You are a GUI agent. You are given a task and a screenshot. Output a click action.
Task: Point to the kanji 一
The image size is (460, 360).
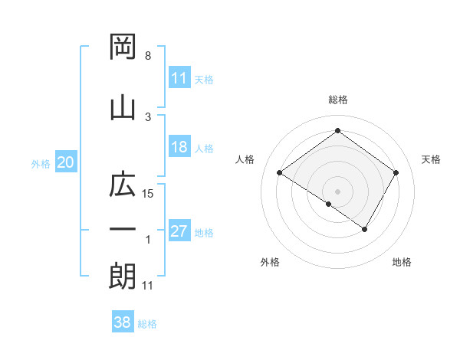coord(123,230)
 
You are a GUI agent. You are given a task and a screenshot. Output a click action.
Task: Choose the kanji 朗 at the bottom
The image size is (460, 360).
coord(123,276)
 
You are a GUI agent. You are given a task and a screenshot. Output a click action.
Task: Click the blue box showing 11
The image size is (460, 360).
coord(179,78)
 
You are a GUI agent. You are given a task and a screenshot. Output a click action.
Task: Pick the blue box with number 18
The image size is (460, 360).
coord(179,147)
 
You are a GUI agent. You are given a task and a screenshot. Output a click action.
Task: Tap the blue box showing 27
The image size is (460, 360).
coord(179,231)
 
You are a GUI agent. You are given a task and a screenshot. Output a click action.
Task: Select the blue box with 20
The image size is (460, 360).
coord(66,162)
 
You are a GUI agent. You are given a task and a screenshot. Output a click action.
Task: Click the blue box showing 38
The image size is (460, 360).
coord(123,323)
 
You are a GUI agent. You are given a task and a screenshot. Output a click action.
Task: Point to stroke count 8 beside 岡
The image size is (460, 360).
coord(148,56)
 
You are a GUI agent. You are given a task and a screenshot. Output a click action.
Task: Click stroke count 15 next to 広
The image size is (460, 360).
coord(149,194)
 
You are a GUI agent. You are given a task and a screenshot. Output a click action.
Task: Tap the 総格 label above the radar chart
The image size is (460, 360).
coord(337,100)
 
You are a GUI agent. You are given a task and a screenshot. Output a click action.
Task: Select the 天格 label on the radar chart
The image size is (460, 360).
coord(432,159)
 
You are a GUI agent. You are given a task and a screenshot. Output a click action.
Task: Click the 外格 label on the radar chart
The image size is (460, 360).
coord(270,262)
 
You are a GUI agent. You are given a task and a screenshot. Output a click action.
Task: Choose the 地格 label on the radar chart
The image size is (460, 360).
coord(402,262)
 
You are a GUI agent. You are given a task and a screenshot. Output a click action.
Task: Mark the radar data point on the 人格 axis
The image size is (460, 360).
coord(280,173)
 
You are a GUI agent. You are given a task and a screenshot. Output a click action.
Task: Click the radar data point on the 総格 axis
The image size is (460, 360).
coord(337,131)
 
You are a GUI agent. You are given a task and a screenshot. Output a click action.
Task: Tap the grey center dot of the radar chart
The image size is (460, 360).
coord(337,191)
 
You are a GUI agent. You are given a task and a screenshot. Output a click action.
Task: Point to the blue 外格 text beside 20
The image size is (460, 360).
coord(40,163)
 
